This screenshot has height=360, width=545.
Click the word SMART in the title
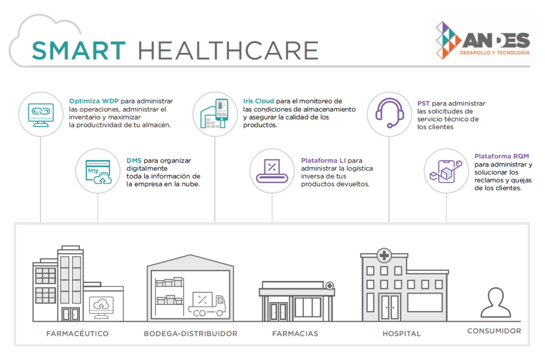tap(79, 51)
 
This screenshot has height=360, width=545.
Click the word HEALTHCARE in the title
tap(228, 51)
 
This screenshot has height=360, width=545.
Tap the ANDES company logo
tap(483, 40)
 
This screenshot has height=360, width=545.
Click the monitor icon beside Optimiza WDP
tap(41, 115)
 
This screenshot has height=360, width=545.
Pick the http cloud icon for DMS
tap(98, 172)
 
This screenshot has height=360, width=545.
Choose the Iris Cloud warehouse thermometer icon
tap(214, 114)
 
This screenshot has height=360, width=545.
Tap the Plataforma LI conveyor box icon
tap(272, 171)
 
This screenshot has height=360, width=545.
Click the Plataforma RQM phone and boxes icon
tap(446, 171)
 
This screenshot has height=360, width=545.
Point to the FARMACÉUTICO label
tap(78, 333)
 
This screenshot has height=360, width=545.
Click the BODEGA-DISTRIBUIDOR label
tap(191, 333)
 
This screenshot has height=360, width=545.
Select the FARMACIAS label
tap(295, 333)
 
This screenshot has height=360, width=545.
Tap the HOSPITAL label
tap(401, 333)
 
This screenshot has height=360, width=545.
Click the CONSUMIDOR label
tap(494, 331)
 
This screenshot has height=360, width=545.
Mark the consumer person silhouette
tap(496, 303)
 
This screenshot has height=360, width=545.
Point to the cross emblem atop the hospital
tap(384, 256)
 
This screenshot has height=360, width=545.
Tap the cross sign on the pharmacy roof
tap(329, 286)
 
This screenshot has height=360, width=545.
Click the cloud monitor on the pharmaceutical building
tap(101, 307)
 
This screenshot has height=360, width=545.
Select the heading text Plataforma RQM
tap(501, 156)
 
